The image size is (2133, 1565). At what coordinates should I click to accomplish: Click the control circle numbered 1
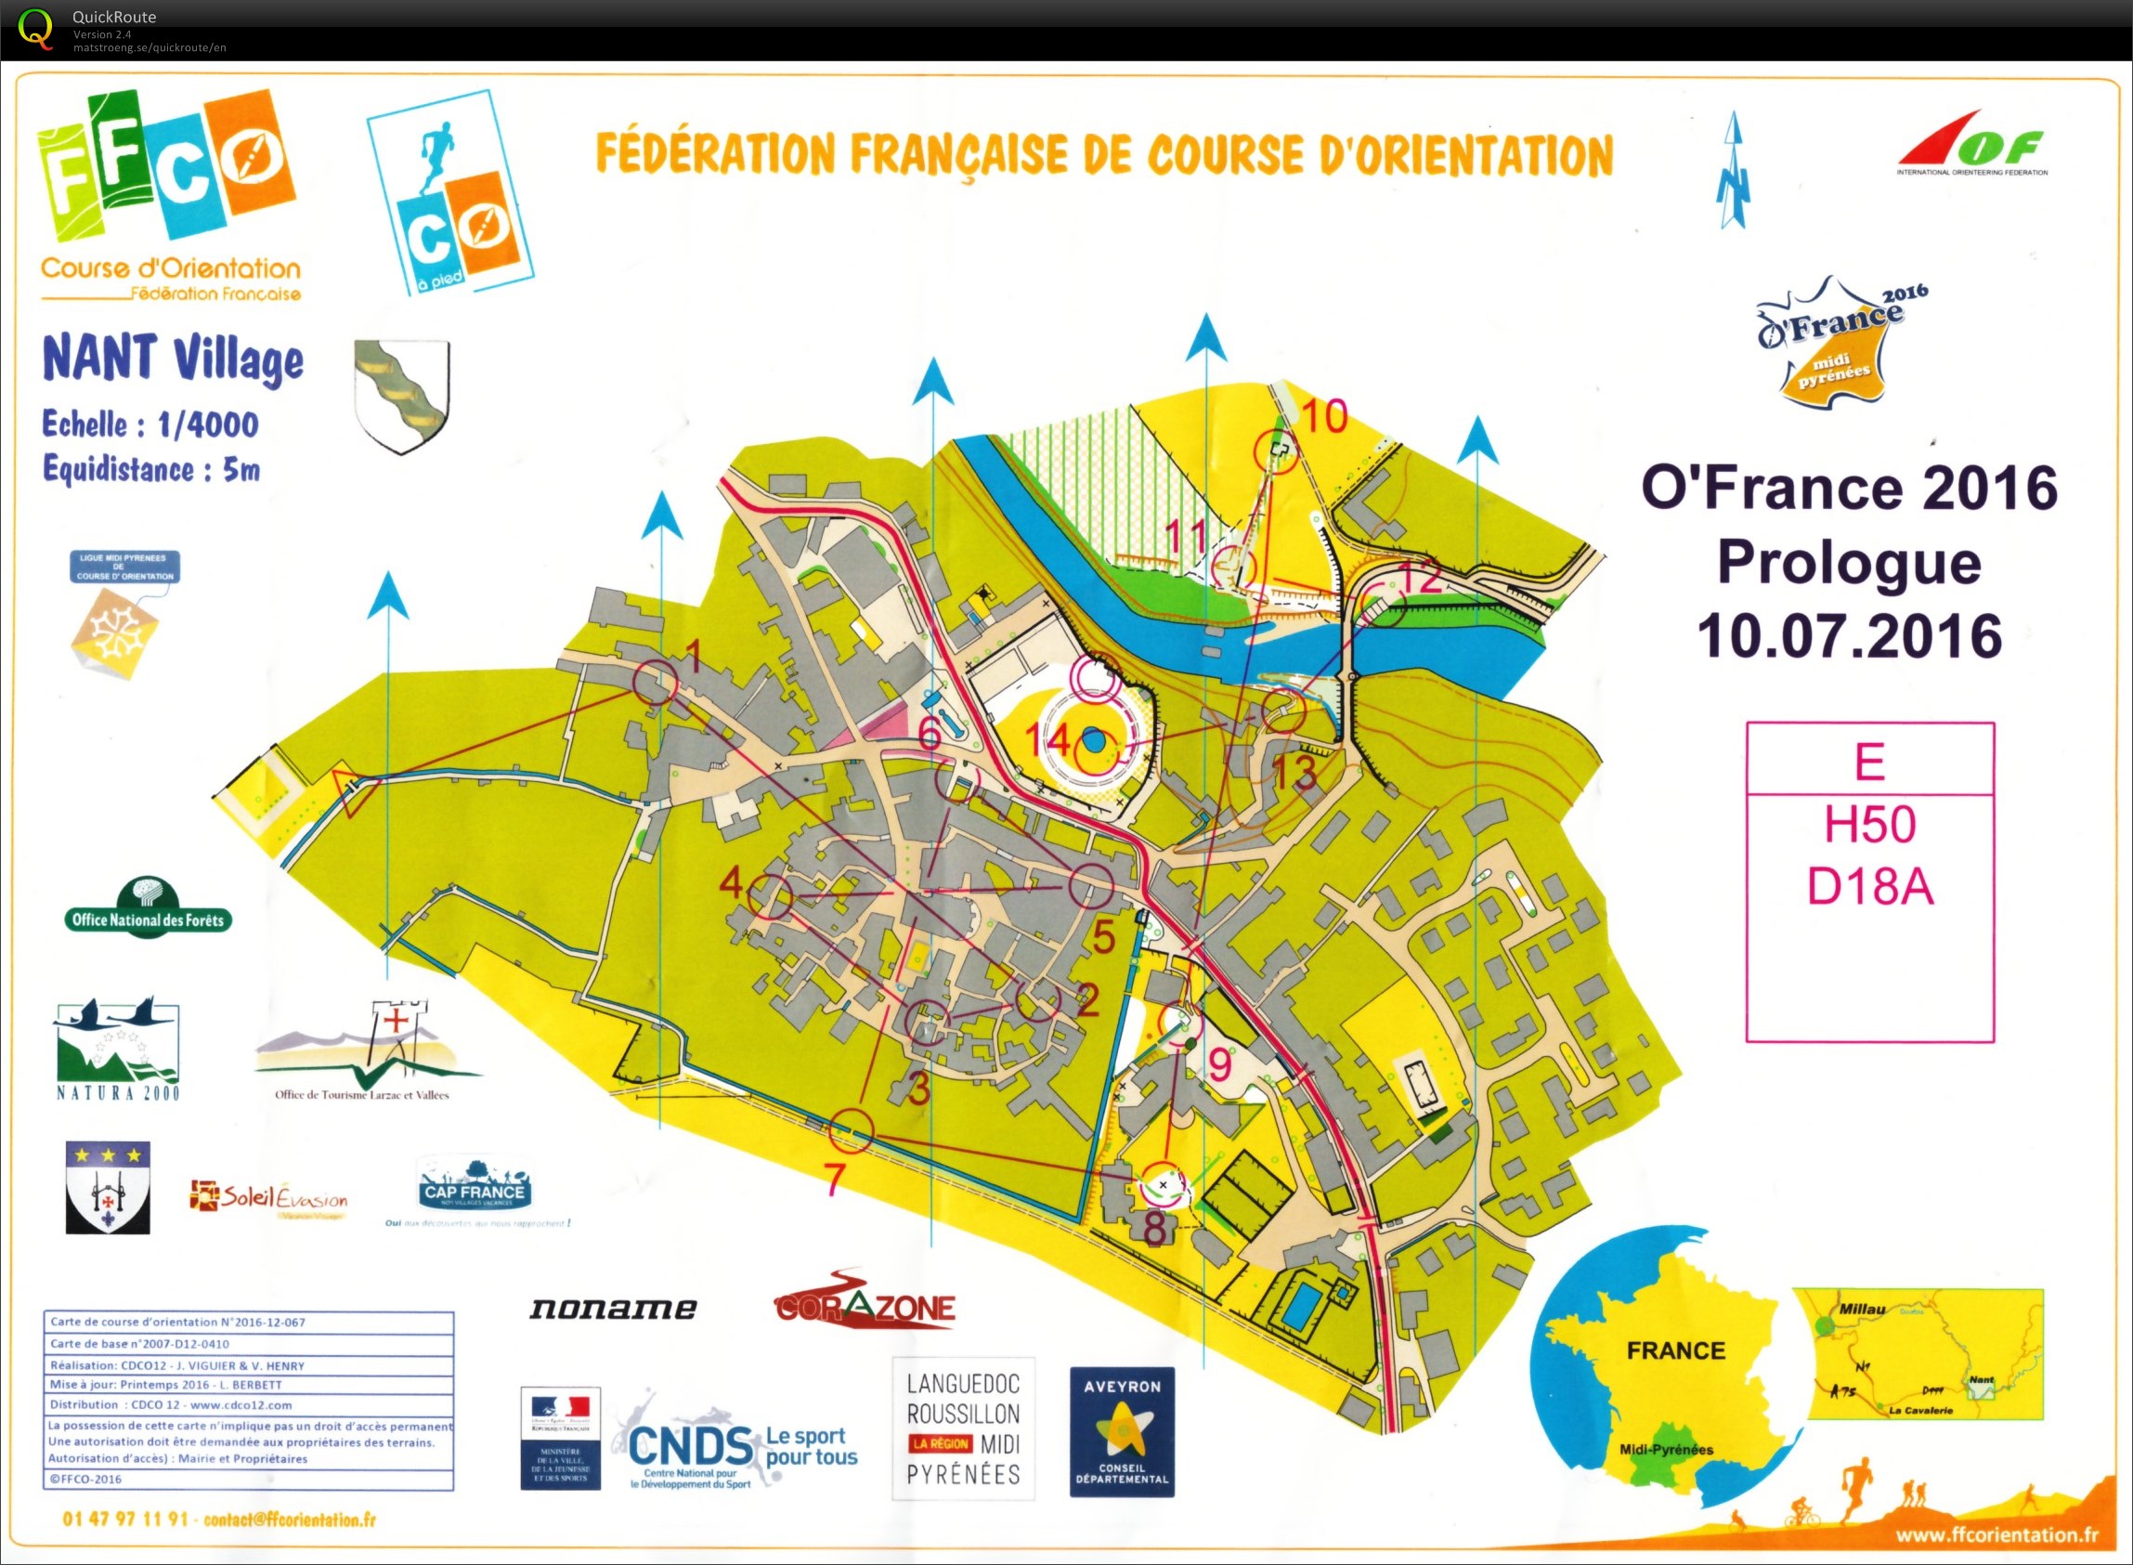[x=655, y=681]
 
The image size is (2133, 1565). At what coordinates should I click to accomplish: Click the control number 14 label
[x=1047, y=740]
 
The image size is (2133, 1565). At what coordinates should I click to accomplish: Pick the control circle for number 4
[x=771, y=895]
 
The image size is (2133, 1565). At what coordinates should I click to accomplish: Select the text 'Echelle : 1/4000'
[x=150, y=424]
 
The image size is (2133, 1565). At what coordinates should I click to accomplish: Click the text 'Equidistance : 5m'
[x=150, y=469]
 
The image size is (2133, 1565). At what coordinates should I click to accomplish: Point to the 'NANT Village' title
[x=174, y=360]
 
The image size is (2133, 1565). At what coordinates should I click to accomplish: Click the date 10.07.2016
[x=1849, y=635]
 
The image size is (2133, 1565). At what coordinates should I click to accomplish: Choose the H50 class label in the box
[x=1869, y=824]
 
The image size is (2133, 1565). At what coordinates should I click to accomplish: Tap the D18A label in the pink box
[x=1869, y=888]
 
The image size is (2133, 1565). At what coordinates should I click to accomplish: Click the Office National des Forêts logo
[x=148, y=908]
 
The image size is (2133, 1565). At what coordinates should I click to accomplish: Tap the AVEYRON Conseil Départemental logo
[x=1122, y=1431]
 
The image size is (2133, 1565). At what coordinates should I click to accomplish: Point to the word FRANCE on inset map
[x=1675, y=1350]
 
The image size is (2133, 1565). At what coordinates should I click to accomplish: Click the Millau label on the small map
[x=1861, y=1310]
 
